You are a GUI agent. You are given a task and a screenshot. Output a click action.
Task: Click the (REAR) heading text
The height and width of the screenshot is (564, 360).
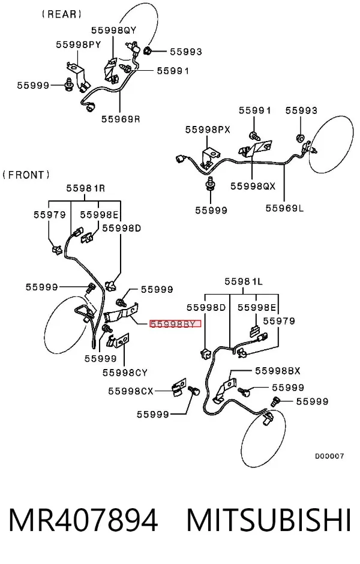point(61,14)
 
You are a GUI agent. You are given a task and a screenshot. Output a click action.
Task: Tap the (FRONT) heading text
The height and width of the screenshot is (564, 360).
point(26,175)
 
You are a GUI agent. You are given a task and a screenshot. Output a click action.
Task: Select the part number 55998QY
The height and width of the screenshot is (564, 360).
point(113,30)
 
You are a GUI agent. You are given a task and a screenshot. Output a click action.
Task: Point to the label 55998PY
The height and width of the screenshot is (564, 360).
point(79,45)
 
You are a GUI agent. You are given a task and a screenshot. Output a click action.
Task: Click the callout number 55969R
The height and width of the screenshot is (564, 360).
point(121,119)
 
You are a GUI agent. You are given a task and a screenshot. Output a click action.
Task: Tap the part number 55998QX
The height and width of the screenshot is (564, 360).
point(253,186)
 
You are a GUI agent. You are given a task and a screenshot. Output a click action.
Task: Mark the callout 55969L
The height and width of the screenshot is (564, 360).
point(284,208)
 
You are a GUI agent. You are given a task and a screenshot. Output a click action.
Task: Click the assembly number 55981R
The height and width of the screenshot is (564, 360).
point(86,188)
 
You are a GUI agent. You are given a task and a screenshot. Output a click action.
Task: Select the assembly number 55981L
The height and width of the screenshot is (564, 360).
point(244,281)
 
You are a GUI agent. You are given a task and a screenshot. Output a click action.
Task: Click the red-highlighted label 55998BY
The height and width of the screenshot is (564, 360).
point(175,324)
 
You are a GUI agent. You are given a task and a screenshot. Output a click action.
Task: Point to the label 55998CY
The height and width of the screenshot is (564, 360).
point(125,373)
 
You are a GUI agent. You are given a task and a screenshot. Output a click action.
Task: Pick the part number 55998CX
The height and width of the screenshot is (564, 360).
point(131,391)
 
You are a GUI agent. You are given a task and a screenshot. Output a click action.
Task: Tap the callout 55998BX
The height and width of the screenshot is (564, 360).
point(278,371)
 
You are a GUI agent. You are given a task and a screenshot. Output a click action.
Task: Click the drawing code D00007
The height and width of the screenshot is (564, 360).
point(329,456)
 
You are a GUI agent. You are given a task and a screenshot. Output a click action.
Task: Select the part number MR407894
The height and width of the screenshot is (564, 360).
point(83,520)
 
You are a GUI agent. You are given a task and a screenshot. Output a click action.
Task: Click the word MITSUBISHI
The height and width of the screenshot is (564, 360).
point(268,520)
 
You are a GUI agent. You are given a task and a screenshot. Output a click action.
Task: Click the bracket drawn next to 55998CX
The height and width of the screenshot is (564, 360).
point(179,387)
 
